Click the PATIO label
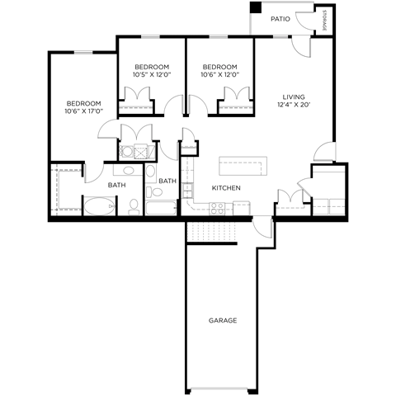point(280,17)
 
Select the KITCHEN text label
point(226,188)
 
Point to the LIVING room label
point(294,96)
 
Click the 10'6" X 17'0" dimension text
point(82,111)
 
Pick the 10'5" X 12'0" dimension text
point(152,75)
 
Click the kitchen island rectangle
point(244,165)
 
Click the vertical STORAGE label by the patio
point(324,21)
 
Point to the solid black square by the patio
point(256,8)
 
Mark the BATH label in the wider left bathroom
point(116,185)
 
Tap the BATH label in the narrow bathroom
point(167,181)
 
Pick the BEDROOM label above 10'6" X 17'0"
point(82,103)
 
